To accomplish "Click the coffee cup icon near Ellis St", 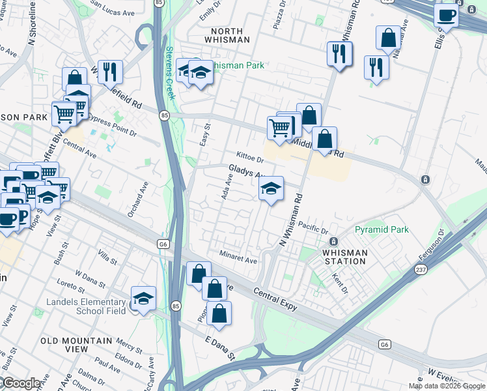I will click(446, 14).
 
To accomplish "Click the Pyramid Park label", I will click(382, 229).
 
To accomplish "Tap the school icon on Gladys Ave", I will click(271, 189).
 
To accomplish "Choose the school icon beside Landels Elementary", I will click(143, 299).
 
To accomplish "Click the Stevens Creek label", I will click(170, 72).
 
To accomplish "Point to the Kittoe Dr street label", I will click(250, 158).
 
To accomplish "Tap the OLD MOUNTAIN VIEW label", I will click(64, 345).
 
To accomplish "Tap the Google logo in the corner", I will click(21, 383).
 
